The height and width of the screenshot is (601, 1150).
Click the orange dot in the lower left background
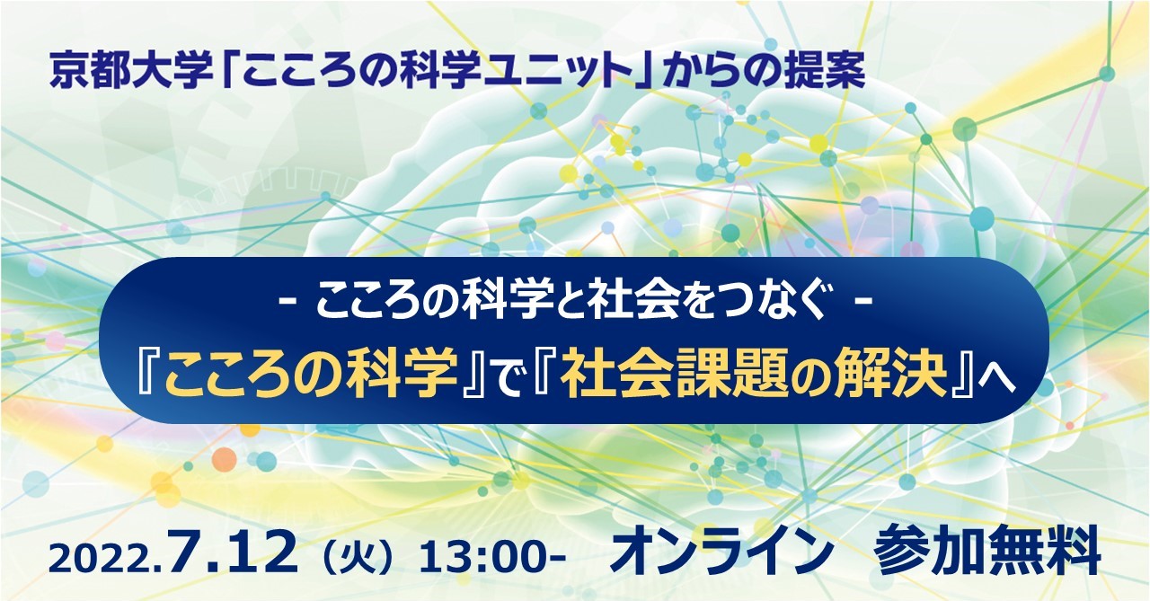pyautogui.click(x=224, y=459)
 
